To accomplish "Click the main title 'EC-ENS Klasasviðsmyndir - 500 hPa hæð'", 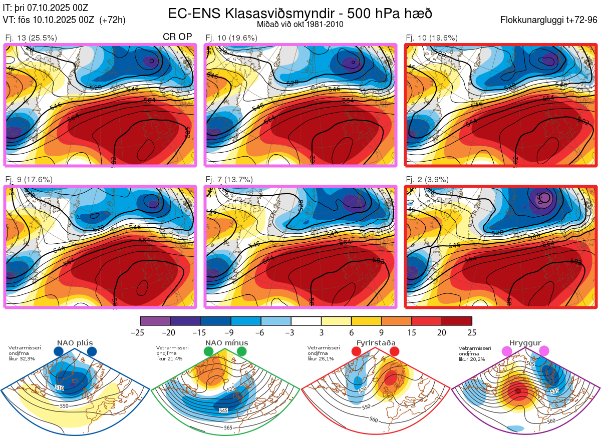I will pos(300,13).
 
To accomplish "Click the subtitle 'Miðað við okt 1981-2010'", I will pos(300,24).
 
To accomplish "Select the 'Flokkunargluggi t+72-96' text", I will pos(549,20).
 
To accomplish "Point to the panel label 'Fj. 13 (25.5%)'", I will pos(31,38).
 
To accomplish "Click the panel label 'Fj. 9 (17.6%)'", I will pos(29,180).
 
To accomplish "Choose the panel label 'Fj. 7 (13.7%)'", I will pos(229,180).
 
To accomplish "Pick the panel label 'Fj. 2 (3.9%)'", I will pos(427,180).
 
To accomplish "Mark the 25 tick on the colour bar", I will pos(471,332).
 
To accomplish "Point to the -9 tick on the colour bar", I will pos(231,332).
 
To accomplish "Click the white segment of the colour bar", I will pos(306,321).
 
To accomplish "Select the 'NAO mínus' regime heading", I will pos(226,343).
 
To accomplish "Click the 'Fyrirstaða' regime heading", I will pos(376,343).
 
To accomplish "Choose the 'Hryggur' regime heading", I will pos(525,343).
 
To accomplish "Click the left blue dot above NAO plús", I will pos(59,351).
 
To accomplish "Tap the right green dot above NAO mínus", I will pos(242,351).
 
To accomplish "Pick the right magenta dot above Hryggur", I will pos(543,351).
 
